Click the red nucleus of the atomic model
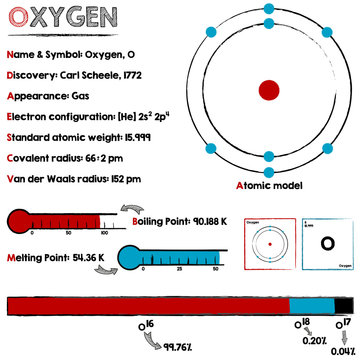tap(268, 90)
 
